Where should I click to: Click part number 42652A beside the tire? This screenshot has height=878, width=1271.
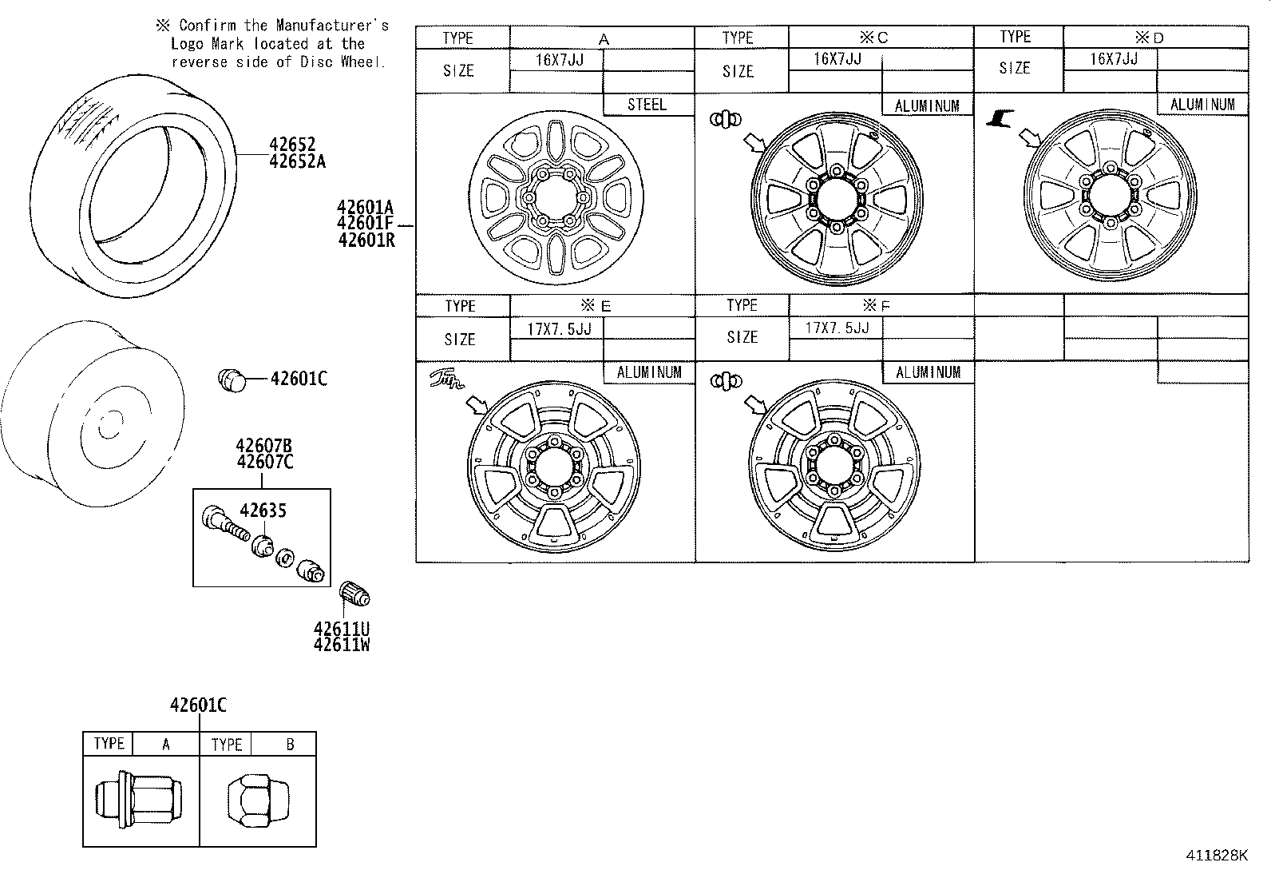click(297, 161)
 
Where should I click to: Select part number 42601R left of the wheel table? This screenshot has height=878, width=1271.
click(366, 239)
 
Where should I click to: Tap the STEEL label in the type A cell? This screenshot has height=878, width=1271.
click(647, 105)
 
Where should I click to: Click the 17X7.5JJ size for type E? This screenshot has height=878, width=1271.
click(559, 328)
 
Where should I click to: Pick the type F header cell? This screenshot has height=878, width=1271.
click(881, 305)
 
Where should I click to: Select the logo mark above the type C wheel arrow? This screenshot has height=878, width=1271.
click(725, 119)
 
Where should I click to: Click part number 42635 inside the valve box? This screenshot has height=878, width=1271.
click(263, 511)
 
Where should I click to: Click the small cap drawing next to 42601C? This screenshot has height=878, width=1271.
click(232, 379)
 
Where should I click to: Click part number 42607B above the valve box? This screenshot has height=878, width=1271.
click(263, 446)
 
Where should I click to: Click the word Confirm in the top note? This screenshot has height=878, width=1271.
click(206, 26)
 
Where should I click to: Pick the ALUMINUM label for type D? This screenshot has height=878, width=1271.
click(1202, 105)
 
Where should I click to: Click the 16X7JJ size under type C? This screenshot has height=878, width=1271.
click(837, 59)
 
